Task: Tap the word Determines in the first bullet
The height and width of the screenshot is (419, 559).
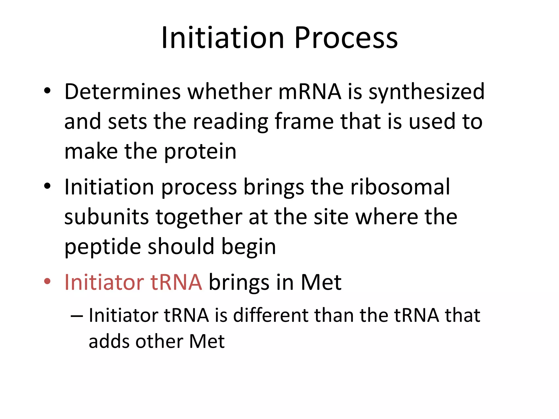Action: point(122,92)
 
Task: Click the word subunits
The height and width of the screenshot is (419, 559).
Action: point(106,217)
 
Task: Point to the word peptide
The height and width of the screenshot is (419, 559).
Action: point(103,247)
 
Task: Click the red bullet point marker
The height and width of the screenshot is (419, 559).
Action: point(47,281)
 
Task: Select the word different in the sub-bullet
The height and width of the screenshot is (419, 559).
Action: point(271,315)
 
